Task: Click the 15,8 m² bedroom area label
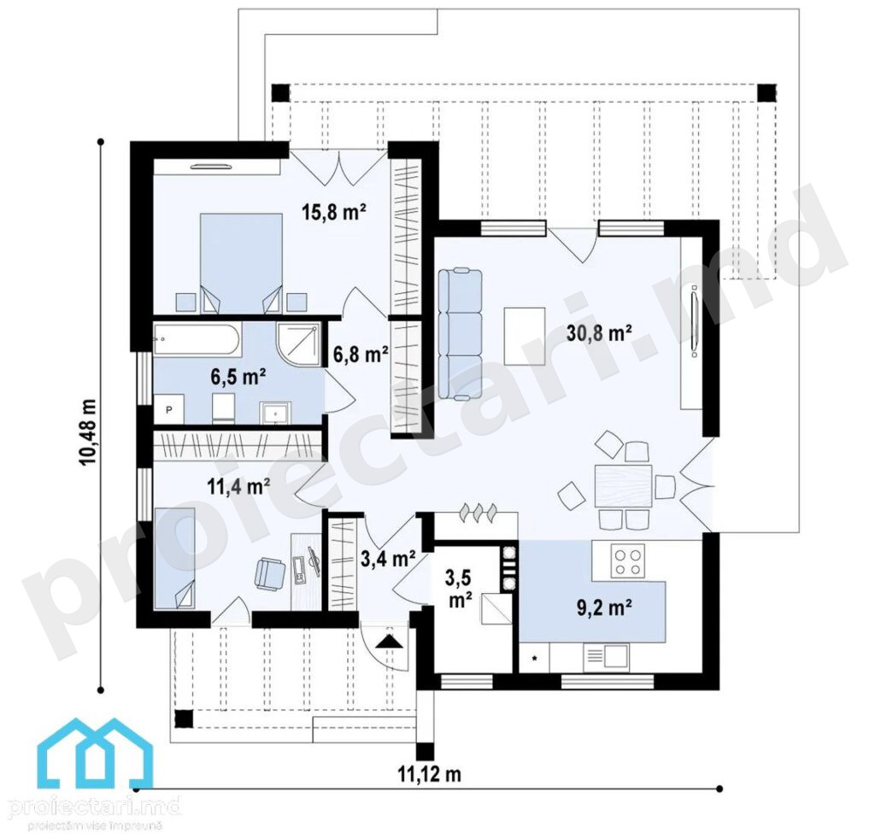[334, 213]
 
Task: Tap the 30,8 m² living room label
[599, 333]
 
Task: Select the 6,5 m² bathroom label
[238, 377]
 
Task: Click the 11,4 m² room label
[239, 487]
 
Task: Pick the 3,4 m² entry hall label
[388, 559]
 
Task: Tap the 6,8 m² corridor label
[361, 355]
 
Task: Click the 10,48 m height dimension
[88, 431]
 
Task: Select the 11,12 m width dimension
[429, 774]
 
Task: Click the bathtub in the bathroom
[197, 339]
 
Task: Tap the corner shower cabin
[298, 343]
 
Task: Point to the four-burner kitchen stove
[628, 561]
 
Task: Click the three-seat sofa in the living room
[460, 333]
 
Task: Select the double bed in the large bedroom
[241, 262]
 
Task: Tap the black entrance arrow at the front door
[389, 642]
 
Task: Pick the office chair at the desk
[270, 573]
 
